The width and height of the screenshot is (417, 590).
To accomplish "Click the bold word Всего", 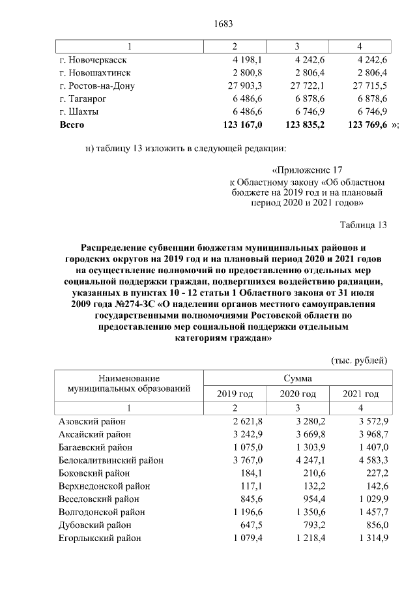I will click(72, 124).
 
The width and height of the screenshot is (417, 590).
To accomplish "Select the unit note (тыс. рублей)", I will click(359, 361).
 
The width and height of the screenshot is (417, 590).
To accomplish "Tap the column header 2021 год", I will click(361, 394).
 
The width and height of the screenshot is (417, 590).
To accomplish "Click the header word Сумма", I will click(297, 378).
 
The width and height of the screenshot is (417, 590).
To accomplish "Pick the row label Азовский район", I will click(92, 421).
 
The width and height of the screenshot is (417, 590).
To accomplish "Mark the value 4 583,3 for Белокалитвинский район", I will click(371, 460).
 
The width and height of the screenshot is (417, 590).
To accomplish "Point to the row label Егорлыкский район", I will click(100, 538).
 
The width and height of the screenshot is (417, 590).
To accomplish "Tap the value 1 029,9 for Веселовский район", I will click(371, 499).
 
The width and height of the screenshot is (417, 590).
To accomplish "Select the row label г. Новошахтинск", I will click(95, 72).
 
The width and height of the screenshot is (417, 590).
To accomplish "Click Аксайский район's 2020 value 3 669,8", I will click(308, 434).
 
